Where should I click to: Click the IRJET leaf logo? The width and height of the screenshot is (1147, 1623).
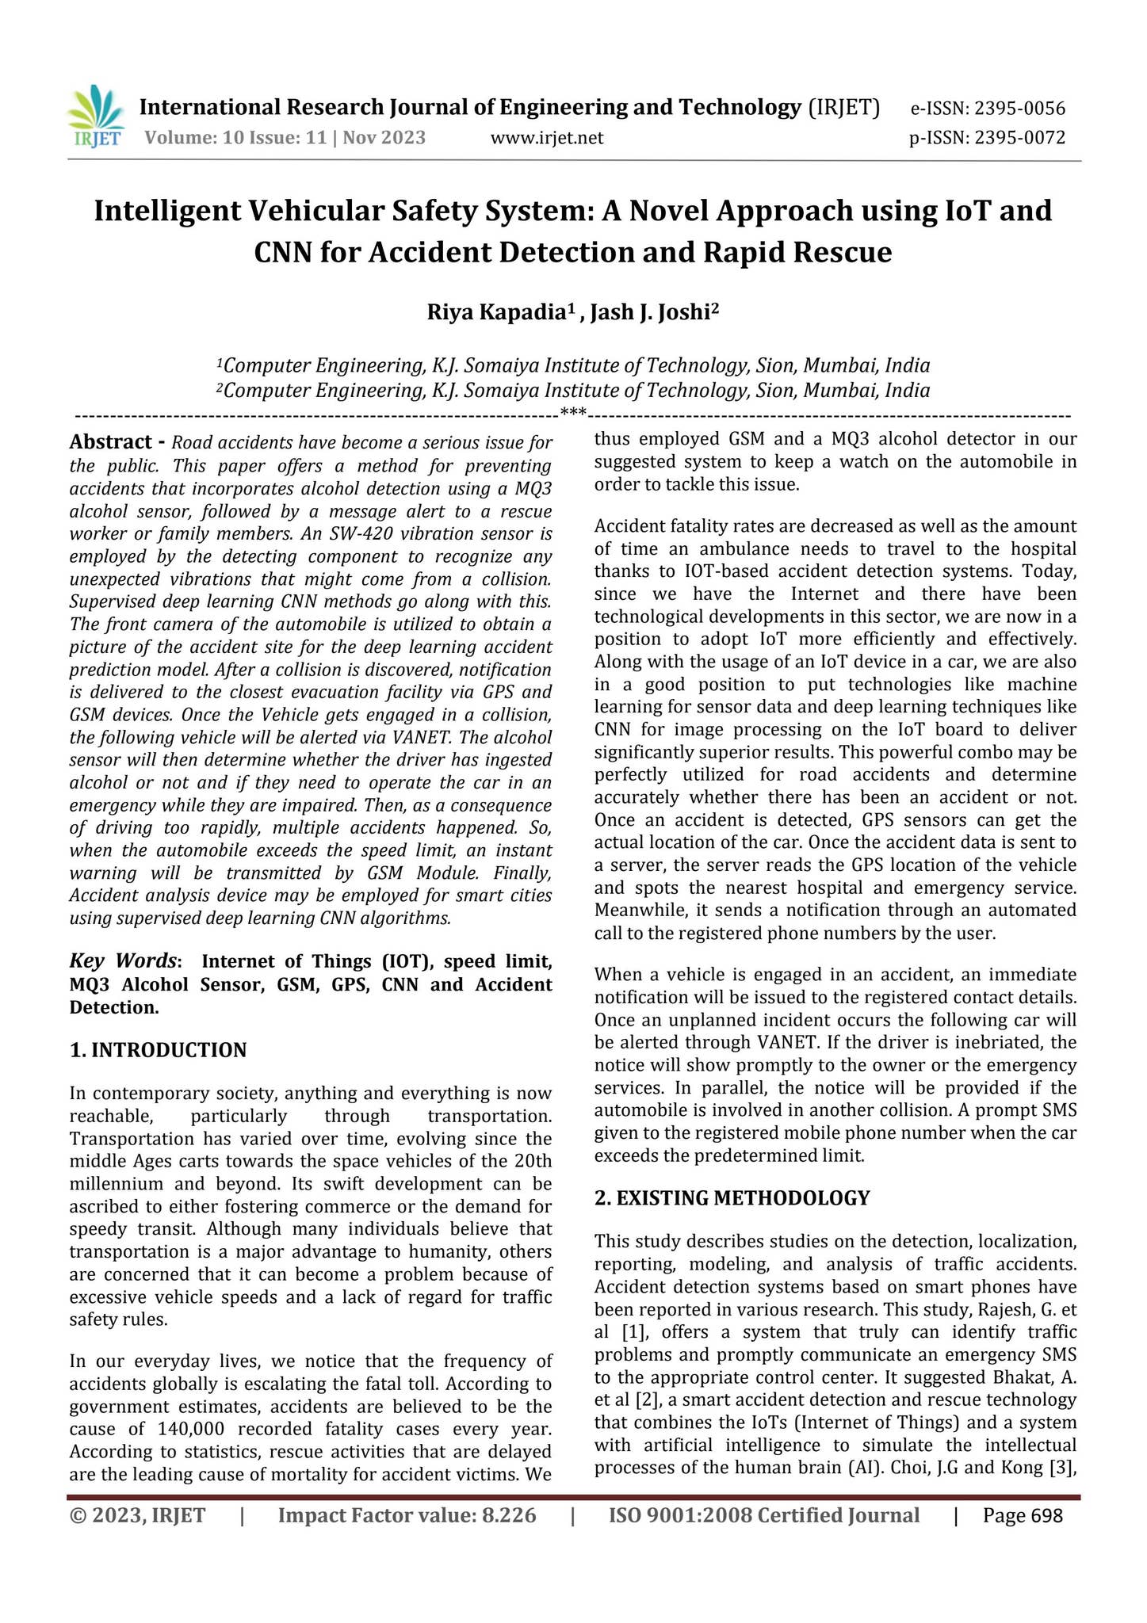[96, 116]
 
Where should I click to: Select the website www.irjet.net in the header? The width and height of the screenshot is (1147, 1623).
[547, 139]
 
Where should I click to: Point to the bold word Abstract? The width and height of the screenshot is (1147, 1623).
[110, 442]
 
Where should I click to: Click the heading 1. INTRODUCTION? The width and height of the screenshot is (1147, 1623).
[159, 1051]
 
